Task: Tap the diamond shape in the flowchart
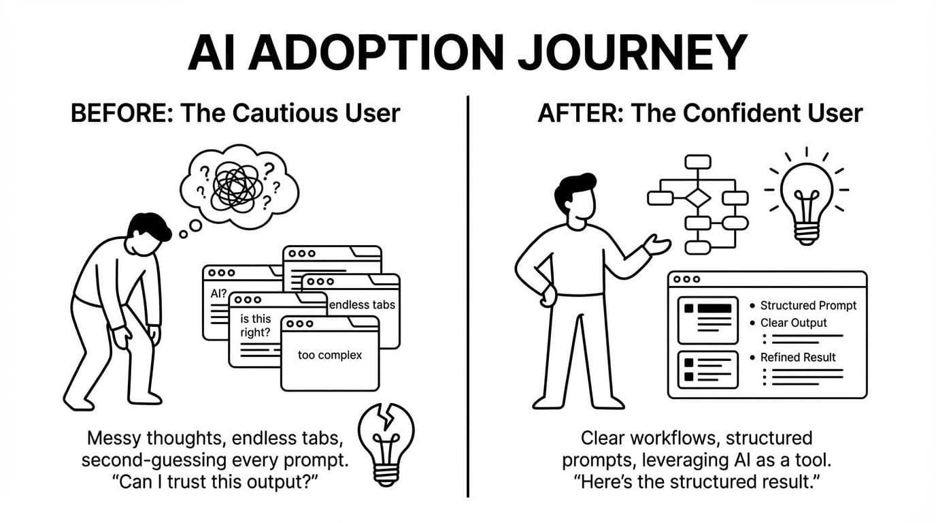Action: pyautogui.click(x=698, y=198)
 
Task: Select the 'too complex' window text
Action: pyautogui.click(x=330, y=355)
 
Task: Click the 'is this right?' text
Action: pyautogui.click(x=255, y=326)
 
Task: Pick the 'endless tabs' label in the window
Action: pyautogui.click(x=362, y=304)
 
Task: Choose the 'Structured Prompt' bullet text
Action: pyautogui.click(x=808, y=306)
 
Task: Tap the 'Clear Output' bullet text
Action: pyautogui.click(x=793, y=323)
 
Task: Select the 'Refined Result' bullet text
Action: pyautogui.click(x=798, y=357)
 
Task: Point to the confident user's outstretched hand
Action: pyautogui.click(x=656, y=244)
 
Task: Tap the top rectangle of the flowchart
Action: pyautogui.click(x=698, y=161)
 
